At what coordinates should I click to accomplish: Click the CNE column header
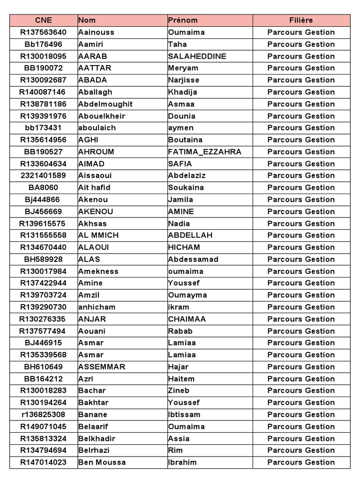[43, 20]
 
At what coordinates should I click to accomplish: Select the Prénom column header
[183, 20]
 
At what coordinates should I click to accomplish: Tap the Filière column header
[301, 20]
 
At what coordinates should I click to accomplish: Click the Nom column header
[87, 20]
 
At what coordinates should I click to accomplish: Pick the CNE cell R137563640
[43, 32]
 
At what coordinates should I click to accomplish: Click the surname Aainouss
[96, 32]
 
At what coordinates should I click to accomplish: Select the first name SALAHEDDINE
[197, 56]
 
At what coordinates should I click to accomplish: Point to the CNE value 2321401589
[43, 175]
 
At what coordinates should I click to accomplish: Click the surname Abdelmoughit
[105, 104]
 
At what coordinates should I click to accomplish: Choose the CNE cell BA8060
[43, 187]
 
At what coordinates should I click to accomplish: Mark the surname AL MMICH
[98, 235]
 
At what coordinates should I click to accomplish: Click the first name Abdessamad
[193, 259]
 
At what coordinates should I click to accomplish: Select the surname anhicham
[97, 307]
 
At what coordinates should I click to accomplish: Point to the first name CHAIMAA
[187, 319]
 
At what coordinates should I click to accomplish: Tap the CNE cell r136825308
[43, 414]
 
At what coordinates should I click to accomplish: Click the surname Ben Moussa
[102, 462]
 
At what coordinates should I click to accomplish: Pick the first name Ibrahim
[182, 462]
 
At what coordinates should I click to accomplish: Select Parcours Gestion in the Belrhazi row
[301, 450]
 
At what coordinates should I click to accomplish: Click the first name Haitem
[181, 379]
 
